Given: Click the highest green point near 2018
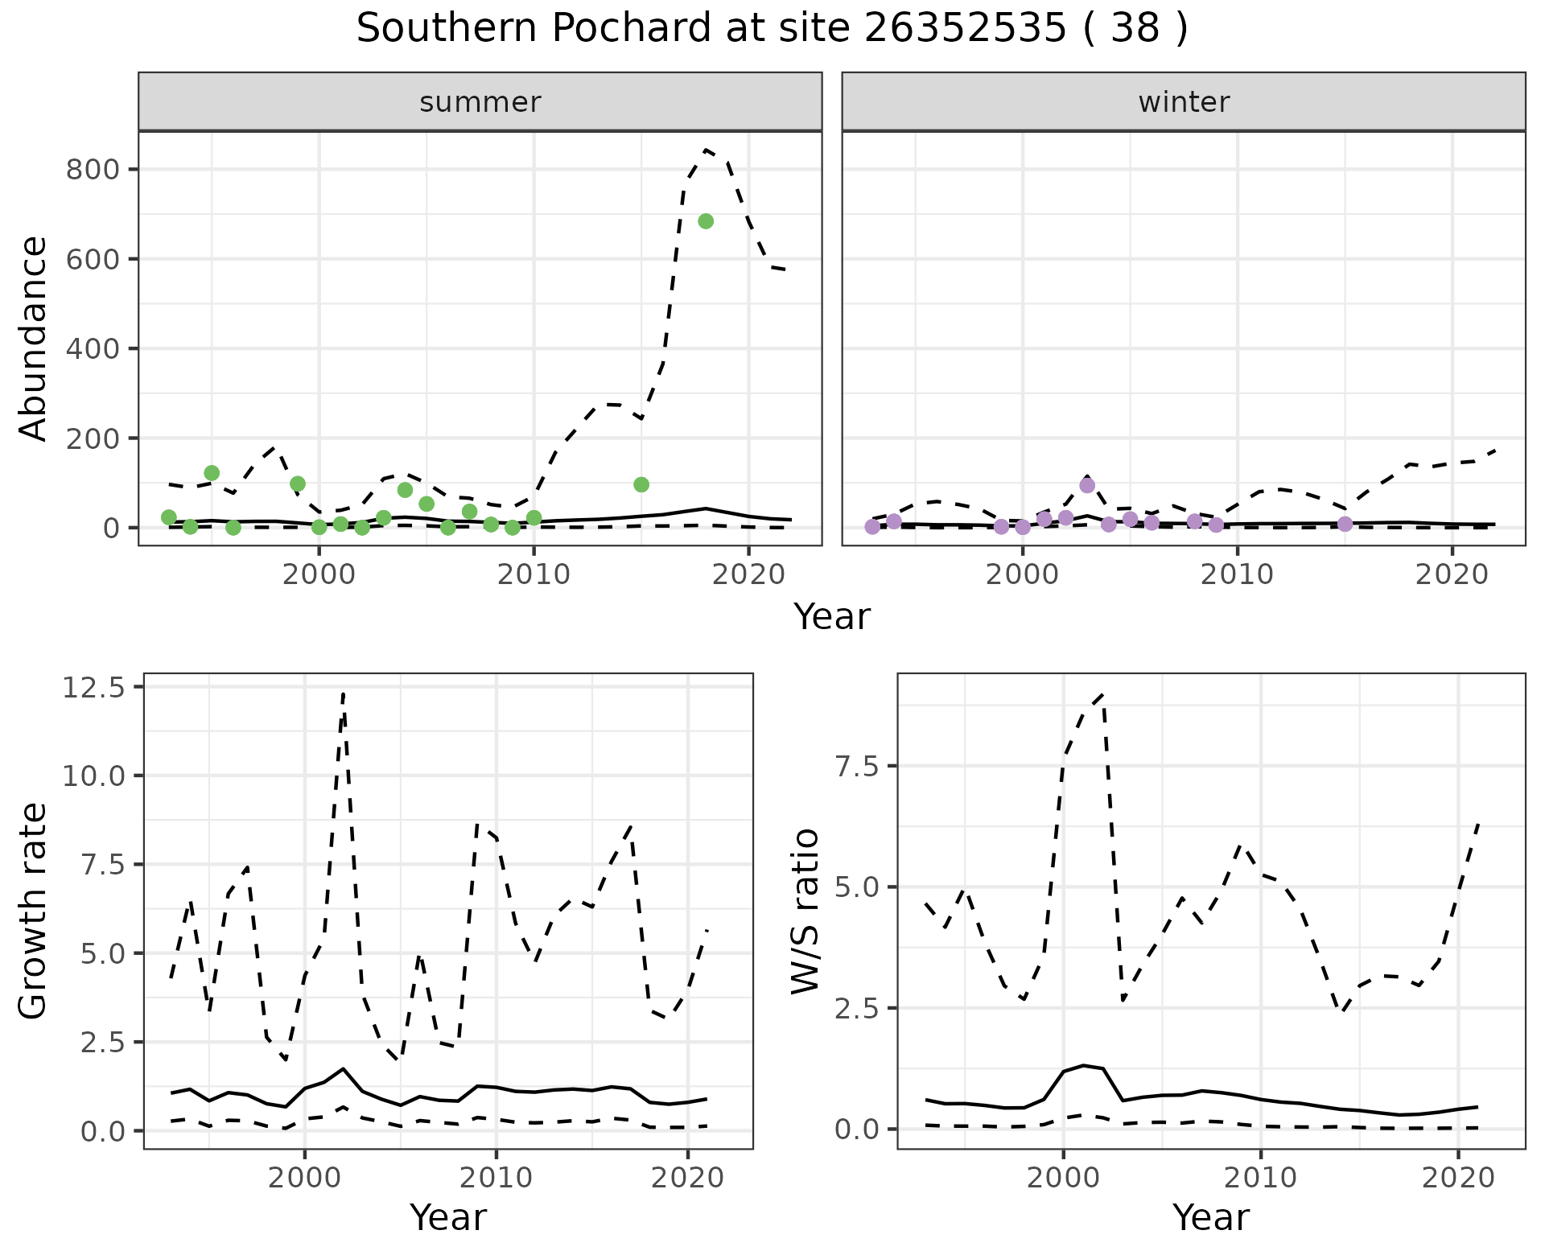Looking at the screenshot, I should tap(706, 221).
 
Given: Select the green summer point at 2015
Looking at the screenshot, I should tap(641, 484).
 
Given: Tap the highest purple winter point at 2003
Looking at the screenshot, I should tap(1087, 485).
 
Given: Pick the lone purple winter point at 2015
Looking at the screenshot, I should tap(1345, 524).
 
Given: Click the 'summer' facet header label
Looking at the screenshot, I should tap(480, 102).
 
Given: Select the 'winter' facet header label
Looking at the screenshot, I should tap(1184, 102).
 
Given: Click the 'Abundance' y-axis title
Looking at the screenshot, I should tap(34, 338).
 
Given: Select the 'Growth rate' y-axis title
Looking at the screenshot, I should tap(34, 911).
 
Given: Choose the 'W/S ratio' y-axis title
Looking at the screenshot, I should tap(805, 911).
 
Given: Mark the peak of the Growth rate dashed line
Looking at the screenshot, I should tap(344, 693).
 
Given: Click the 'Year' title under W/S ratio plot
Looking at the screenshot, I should tap(1211, 1217).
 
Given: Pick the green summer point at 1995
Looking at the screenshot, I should tap(212, 472).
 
